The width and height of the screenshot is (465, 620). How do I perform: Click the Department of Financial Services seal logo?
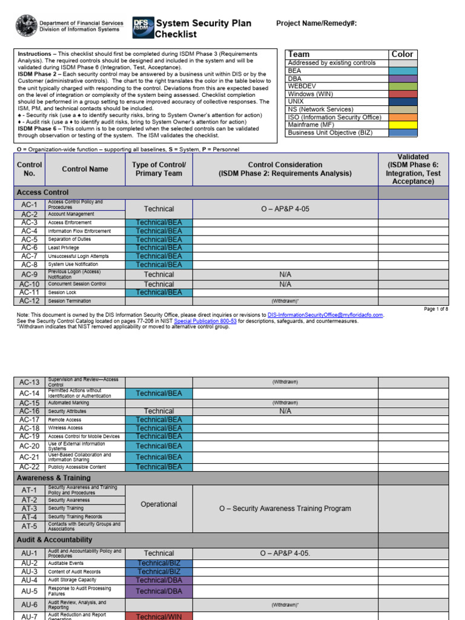[x=26, y=25]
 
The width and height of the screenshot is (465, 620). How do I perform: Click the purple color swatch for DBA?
[x=403, y=79]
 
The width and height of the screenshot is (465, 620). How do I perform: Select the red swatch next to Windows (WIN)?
[x=403, y=94]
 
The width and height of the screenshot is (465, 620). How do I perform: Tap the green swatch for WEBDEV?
[x=403, y=87]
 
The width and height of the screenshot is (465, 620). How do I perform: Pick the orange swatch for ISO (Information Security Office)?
[x=403, y=117]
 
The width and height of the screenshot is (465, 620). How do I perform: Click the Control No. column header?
[x=29, y=169]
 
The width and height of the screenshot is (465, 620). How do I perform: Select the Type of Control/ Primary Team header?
[x=159, y=169]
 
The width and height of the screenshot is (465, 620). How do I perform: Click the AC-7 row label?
[x=29, y=256]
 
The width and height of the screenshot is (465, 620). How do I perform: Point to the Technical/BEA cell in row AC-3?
[x=159, y=222]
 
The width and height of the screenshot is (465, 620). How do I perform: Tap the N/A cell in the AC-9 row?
[x=285, y=274]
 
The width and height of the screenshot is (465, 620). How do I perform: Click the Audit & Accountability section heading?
[x=54, y=539]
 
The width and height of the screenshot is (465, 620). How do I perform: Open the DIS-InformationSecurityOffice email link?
[x=326, y=315]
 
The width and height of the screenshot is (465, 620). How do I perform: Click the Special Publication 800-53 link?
[x=205, y=321]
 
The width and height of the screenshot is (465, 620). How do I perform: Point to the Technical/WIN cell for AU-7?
[x=159, y=616]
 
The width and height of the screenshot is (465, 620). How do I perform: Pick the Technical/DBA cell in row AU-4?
[x=159, y=580]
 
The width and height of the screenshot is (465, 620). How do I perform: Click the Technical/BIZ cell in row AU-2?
[x=159, y=563]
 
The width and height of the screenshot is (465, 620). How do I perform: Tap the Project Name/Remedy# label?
[x=316, y=24]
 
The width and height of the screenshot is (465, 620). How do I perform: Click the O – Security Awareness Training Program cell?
[x=285, y=509]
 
